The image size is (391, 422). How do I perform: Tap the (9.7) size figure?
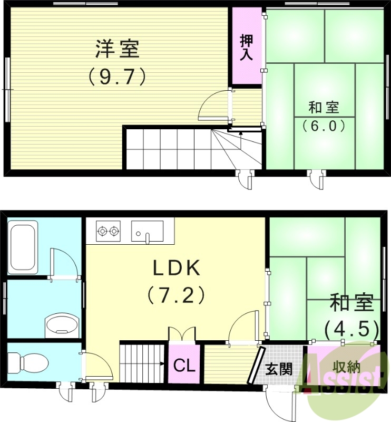pyautogui.click(x=116, y=78)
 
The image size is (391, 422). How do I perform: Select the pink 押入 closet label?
pyautogui.click(x=246, y=47)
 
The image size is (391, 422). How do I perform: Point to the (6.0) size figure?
pyautogui.click(x=324, y=126)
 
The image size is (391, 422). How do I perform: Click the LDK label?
pyautogui.click(x=177, y=268)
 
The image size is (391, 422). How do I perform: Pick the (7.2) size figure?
pyautogui.click(x=176, y=295)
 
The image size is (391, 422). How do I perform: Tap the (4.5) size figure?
pyautogui.click(x=351, y=330)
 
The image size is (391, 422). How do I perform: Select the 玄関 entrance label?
pyautogui.click(x=279, y=369)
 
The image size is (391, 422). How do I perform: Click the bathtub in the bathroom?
pyautogui.click(x=23, y=248)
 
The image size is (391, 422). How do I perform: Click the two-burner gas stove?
pyautogui.click(x=108, y=231)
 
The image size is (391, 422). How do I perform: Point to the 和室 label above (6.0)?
pyautogui.click(x=324, y=108)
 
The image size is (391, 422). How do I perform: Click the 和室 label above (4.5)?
pyautogui.click(x=351, y=304)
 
